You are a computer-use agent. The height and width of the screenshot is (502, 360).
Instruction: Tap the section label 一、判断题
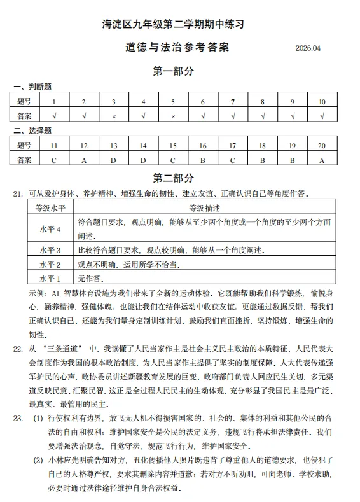(32, 87)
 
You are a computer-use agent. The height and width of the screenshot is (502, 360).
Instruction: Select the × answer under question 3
(113, 116)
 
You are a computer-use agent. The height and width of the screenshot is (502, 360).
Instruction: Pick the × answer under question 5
(173, 116)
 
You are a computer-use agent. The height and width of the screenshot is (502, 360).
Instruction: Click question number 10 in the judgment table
(322, 102)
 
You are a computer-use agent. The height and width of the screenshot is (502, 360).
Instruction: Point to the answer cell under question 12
(83, 160)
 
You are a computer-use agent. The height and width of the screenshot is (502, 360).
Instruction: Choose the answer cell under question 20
(322, 160)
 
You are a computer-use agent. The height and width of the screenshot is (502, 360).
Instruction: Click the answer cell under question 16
(202, 160)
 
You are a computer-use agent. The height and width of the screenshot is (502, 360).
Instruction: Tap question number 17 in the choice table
(233, 146)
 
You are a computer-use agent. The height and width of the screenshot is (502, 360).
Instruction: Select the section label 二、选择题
(32, 130)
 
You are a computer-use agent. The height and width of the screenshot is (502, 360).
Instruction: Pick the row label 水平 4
(50, 228)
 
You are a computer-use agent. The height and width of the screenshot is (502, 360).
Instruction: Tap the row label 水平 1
(50, 279)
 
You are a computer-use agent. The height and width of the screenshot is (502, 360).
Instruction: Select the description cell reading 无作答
(90, 279)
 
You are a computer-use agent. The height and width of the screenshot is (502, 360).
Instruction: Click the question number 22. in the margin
(18, 349)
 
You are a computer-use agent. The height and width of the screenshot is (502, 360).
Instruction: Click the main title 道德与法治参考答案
(174, 48)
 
